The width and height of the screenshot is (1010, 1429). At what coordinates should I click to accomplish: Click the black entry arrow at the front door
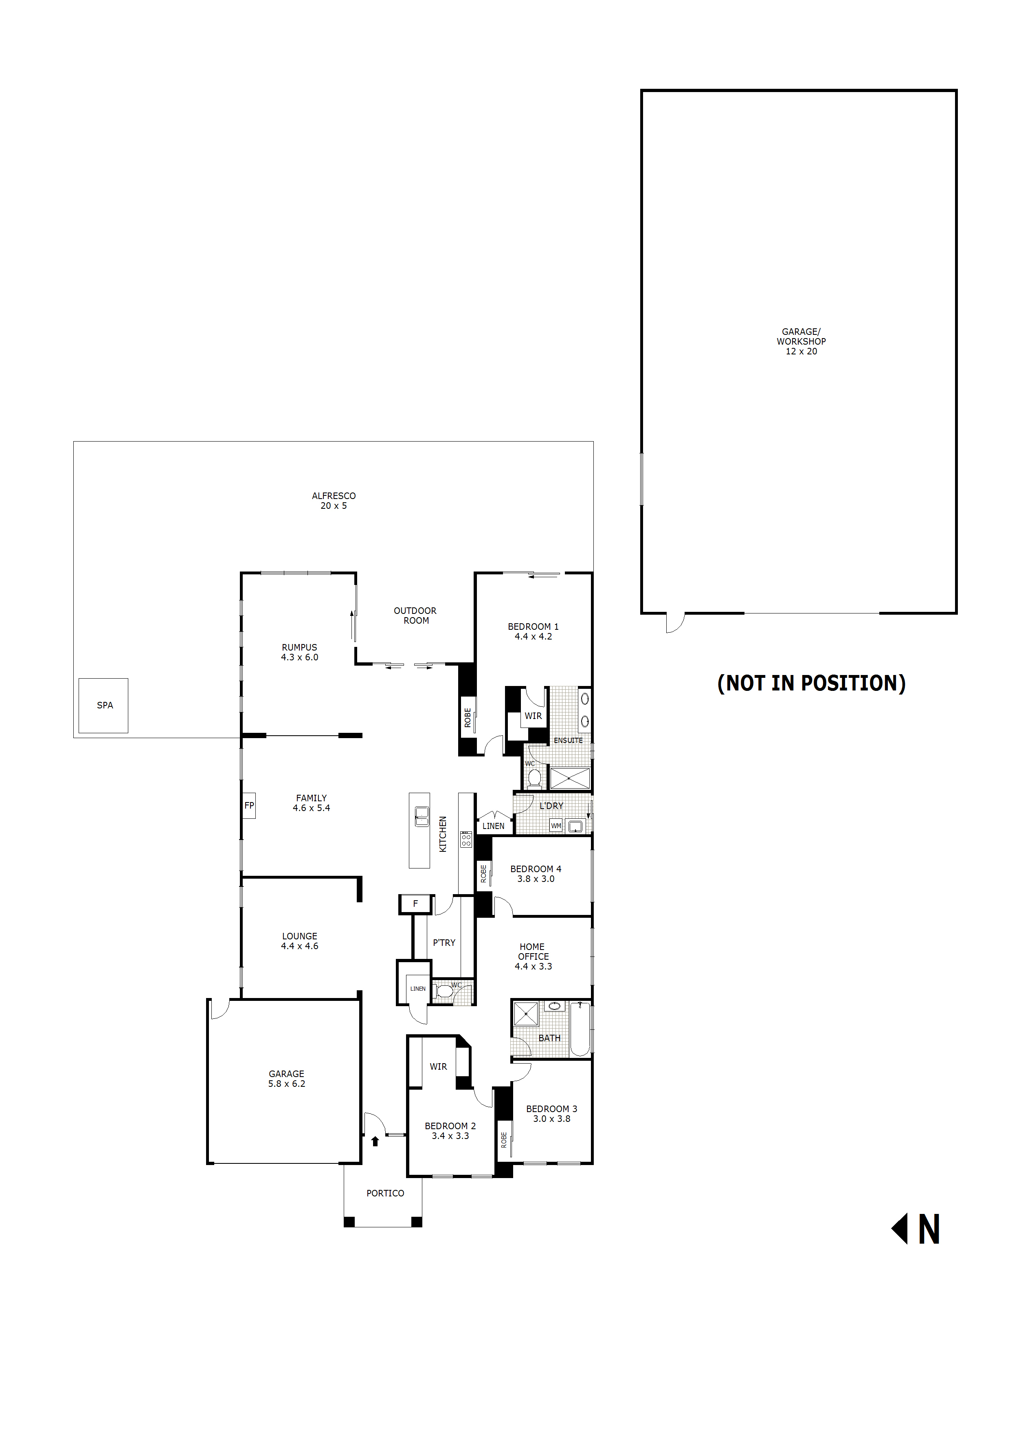(x=375, y=1141)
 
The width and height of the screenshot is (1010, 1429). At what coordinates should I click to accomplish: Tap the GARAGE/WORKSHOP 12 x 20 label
(x=801, y=342)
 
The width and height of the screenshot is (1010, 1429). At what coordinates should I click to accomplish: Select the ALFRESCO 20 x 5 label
(x=334, y=501)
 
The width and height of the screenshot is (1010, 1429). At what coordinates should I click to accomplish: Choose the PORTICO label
(x=385, y=1193)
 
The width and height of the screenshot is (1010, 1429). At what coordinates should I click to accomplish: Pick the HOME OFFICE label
(x=533, y=956)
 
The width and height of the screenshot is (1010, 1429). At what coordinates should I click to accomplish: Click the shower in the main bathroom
(x=526, y=1014)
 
